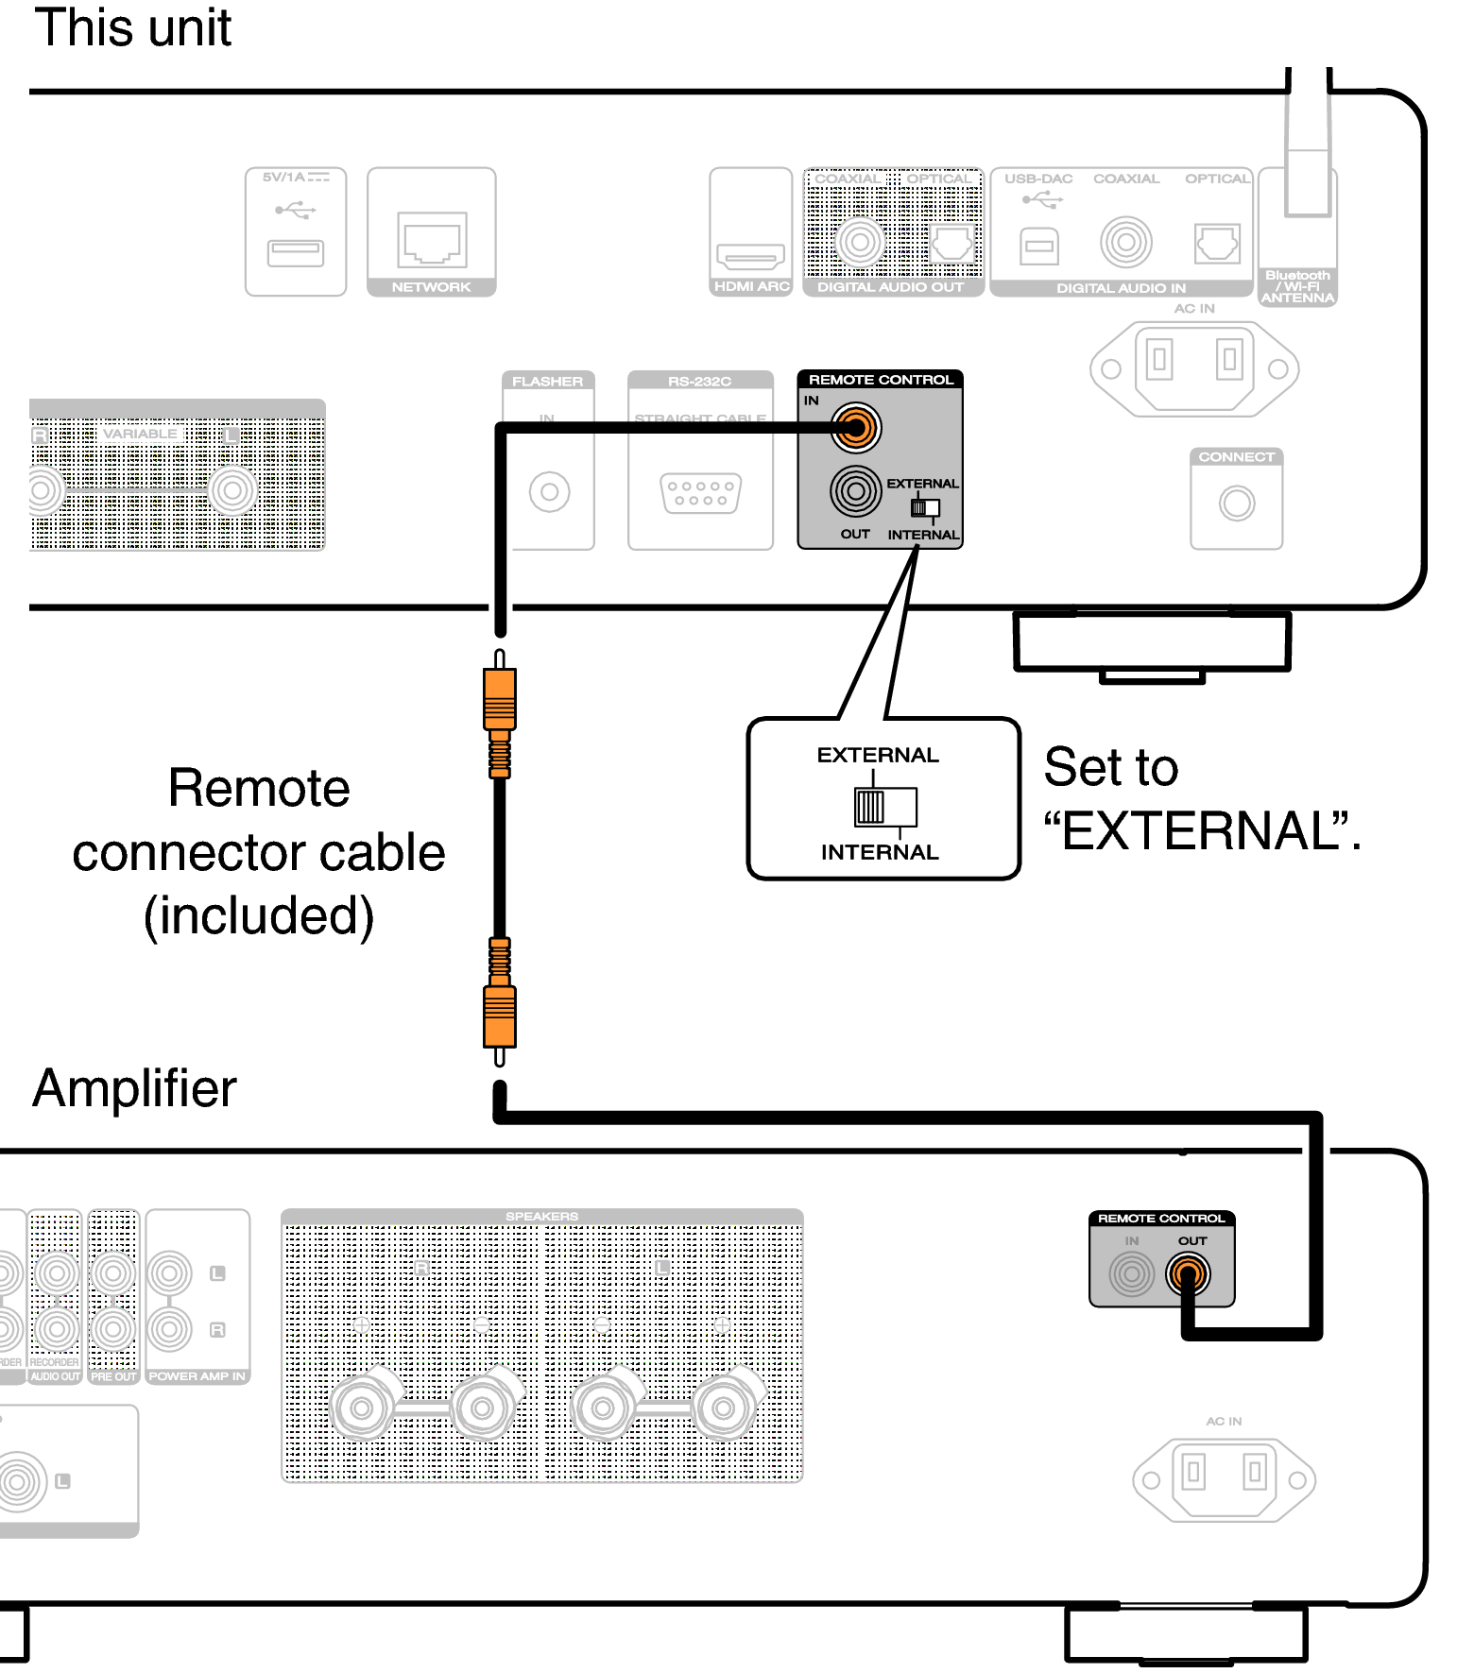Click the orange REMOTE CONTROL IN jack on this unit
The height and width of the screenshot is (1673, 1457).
(856, 428)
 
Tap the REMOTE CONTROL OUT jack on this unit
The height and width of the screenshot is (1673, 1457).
(855, 491)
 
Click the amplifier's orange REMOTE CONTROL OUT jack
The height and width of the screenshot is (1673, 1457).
(1188, 1273)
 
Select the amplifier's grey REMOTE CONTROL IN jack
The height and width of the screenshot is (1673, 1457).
(1132, 1273)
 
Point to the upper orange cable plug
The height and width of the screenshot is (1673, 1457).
(500, 700)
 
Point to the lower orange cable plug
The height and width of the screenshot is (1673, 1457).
(500, 1016)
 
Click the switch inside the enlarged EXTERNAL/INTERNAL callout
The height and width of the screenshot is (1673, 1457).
(884, 807)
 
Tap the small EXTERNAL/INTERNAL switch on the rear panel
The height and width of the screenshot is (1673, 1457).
(924, 508)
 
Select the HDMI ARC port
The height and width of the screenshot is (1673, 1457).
(750, 255)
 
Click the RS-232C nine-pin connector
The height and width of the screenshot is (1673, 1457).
(700, 493)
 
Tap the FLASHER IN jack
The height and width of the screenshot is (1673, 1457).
(549, 492)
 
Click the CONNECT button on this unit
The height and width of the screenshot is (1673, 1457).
(1236, 503)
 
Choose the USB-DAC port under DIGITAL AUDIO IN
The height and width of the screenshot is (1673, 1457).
(1039, 247)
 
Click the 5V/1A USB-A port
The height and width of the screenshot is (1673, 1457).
(296, 252)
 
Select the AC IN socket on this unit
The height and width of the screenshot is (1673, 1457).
(1194, 368)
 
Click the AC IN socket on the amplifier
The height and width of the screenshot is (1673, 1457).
(1224, 1479)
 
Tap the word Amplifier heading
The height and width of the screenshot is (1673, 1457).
(134, 1088)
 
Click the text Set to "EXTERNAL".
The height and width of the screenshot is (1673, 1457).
(1200, 799)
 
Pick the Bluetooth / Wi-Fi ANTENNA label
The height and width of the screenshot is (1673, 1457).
(1297, 286)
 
